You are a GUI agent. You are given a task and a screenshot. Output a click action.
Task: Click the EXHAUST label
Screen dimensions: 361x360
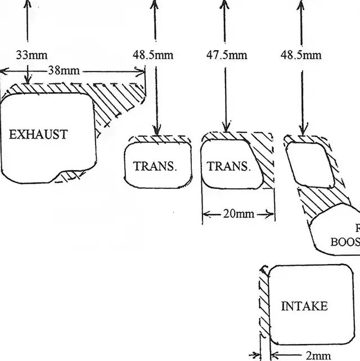coord(38,135)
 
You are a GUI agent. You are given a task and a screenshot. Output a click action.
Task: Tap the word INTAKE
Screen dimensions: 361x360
coord(304,306)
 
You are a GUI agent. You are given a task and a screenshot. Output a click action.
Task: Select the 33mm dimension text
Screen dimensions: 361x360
coord(31,55)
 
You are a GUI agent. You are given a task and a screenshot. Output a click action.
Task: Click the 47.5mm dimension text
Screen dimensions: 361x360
coord(227,55)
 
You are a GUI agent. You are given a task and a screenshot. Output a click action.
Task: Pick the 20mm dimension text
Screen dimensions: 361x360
coord(239,215)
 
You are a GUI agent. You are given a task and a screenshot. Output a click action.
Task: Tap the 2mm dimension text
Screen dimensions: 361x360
coord(319,356)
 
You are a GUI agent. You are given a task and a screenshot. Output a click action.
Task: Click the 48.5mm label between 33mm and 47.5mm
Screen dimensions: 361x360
coord(153,55)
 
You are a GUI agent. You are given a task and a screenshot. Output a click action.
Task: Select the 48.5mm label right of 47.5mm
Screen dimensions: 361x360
coord(301,55)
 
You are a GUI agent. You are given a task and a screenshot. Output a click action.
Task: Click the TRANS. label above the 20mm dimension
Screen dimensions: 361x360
coord(228,167)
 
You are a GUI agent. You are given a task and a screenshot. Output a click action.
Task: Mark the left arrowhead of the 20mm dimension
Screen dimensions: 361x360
coord(205,215)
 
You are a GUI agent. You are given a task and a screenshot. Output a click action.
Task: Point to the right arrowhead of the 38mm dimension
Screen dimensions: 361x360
coord(142,71)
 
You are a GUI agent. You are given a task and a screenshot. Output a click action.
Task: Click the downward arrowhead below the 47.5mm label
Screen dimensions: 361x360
coord(226,128)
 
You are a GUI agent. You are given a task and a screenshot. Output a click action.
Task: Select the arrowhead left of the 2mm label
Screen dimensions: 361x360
coord(275,356)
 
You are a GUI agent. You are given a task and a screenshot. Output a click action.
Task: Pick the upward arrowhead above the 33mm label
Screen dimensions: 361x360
coord(26,3)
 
